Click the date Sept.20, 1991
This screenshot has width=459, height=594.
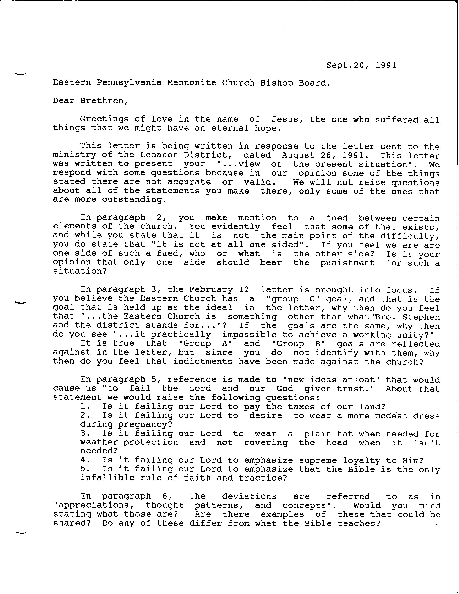coord(361,65)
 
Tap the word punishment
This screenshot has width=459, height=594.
coord(347,263)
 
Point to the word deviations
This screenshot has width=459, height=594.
coord(249,496)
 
